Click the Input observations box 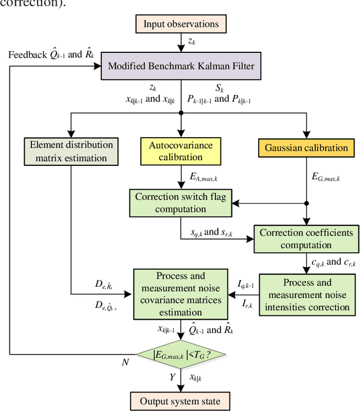181,24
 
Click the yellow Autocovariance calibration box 181,151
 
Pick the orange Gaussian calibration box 307,148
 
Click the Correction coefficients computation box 306,238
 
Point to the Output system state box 181,401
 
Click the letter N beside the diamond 125,363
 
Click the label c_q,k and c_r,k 334,262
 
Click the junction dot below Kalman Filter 181,112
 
